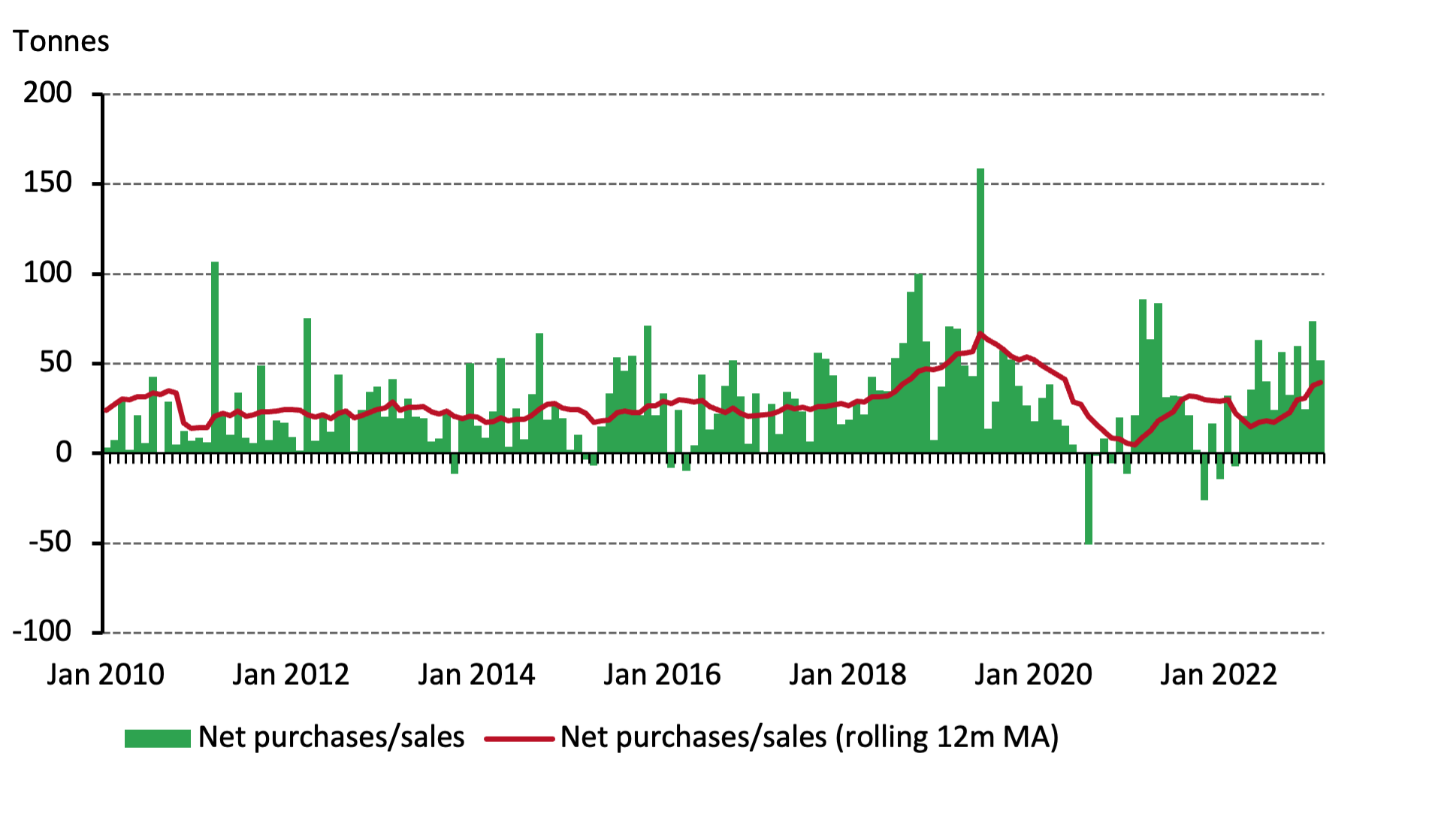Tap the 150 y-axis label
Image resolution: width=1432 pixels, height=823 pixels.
click(x=47, y=183)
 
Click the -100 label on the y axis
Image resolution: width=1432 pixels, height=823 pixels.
click(x=42, y=631)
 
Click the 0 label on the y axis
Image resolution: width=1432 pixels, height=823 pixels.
click(x=64, y=452)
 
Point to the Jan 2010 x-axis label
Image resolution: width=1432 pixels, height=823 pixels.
click(x=105, y=675)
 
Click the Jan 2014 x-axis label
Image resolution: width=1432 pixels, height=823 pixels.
click(x=476, y=675)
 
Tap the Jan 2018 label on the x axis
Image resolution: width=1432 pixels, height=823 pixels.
click(x=847, y=675)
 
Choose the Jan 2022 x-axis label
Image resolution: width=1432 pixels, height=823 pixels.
click(x=1218, y=675)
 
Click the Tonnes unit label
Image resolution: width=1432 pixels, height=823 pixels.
click(x=61, y=41)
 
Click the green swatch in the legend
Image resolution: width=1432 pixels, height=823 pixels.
click(x=157, y=738)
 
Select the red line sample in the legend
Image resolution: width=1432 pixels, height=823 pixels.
click(x=518, y=739)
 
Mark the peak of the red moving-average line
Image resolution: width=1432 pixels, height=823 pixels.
click(x=980, y=334)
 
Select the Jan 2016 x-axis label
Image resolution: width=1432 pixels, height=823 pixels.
click(x=662, y=675)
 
